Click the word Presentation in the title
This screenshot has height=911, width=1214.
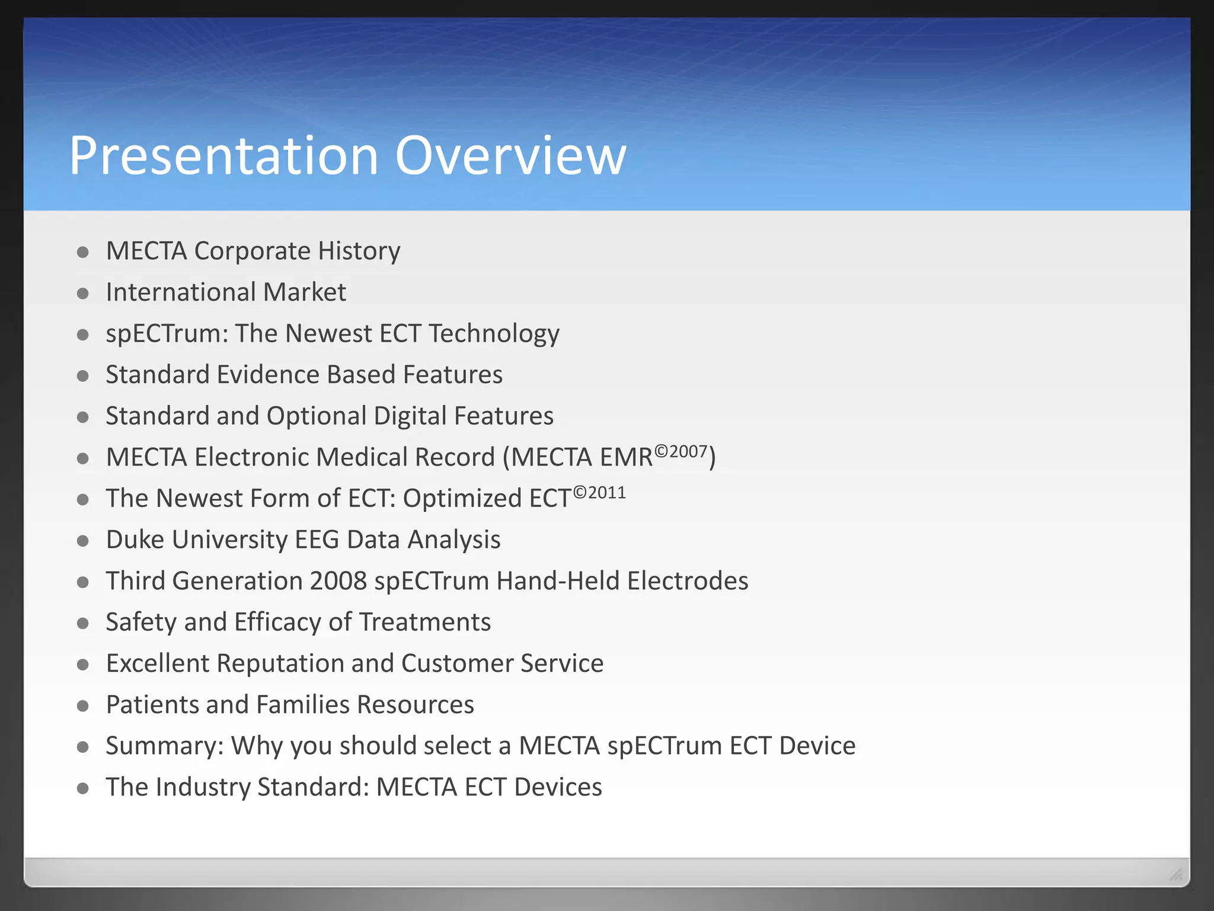point(223,155)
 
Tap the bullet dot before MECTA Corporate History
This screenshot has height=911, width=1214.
point(83,253)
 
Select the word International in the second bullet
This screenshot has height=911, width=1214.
point(181,292)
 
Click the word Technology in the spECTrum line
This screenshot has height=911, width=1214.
point(494,334)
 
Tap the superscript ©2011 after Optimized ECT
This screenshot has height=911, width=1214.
point(599,493)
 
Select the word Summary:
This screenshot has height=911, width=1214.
point(165,746)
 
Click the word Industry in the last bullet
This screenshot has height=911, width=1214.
point(203,787)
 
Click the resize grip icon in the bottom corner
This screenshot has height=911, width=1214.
point(1175,874)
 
